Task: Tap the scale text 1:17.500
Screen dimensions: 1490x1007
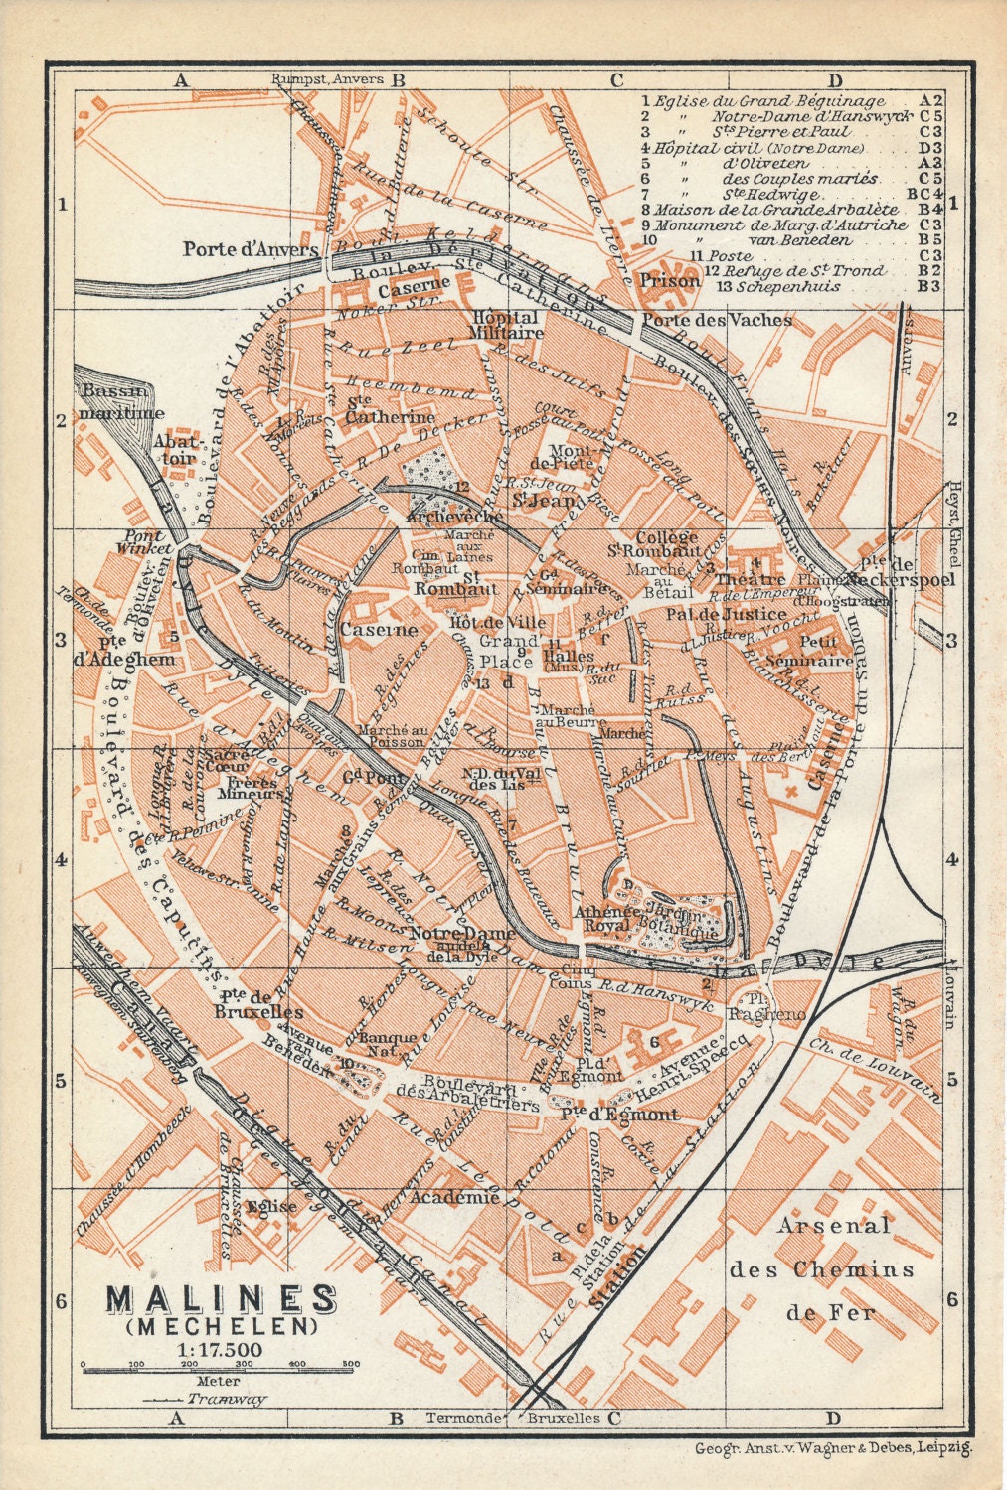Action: click(221, 1348)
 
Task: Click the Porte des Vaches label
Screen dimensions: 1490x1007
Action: click(716, 320)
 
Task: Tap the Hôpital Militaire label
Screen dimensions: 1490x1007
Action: click(507, 326)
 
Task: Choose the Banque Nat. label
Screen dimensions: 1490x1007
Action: click(391, 1045)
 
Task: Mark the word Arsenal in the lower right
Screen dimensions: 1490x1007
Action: click(834, 1225)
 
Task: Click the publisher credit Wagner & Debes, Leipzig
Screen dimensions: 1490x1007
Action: click(875, 1448)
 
